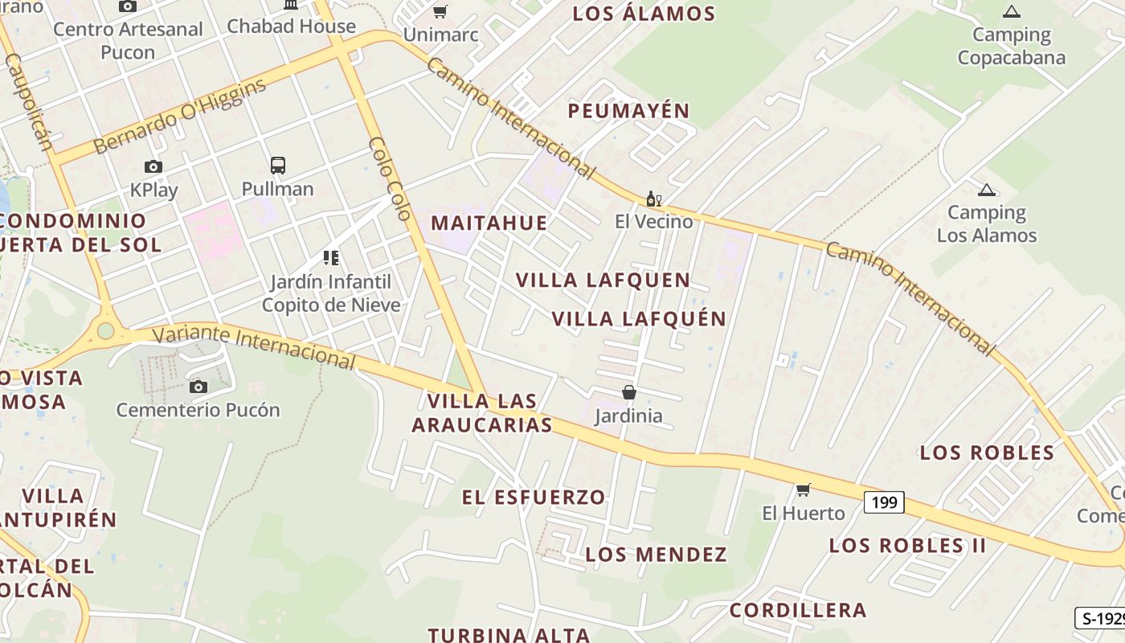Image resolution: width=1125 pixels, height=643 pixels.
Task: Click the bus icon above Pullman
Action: tap(277, 166)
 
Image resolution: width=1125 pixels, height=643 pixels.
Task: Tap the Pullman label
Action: tap(277, 189)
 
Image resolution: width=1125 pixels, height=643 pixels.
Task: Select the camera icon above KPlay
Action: tap(153, 167)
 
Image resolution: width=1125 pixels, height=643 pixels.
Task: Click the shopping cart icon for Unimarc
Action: tap(440, 11)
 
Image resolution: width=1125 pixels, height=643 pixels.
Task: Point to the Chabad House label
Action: tap(291, 26)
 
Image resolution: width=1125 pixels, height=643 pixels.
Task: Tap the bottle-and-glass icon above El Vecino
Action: tap(653, 199)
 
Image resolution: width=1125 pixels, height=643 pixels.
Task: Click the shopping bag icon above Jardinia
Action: tap(629, 392)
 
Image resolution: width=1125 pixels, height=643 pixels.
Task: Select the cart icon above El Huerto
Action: tap(803, 489)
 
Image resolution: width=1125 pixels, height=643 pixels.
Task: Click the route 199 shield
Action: tap(884, 502)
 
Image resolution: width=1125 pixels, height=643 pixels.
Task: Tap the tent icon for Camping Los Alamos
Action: tap(986, 190)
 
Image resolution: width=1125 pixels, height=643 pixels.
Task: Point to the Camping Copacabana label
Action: tap(1011, 46)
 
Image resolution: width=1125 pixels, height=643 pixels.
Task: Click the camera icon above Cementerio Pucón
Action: tap(198, 387)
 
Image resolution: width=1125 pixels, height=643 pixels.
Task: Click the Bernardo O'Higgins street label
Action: tap(179, 116)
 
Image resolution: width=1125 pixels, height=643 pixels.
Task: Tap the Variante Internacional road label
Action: tap(253, 346)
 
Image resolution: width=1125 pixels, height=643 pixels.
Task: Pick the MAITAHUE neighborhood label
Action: tap(489, 223)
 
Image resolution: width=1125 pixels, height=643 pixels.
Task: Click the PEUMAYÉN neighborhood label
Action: tap(628, 111)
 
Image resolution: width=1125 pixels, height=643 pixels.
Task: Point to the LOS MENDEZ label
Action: tap(656, 555)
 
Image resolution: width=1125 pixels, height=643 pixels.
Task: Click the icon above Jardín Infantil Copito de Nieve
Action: tap(331, 258)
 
